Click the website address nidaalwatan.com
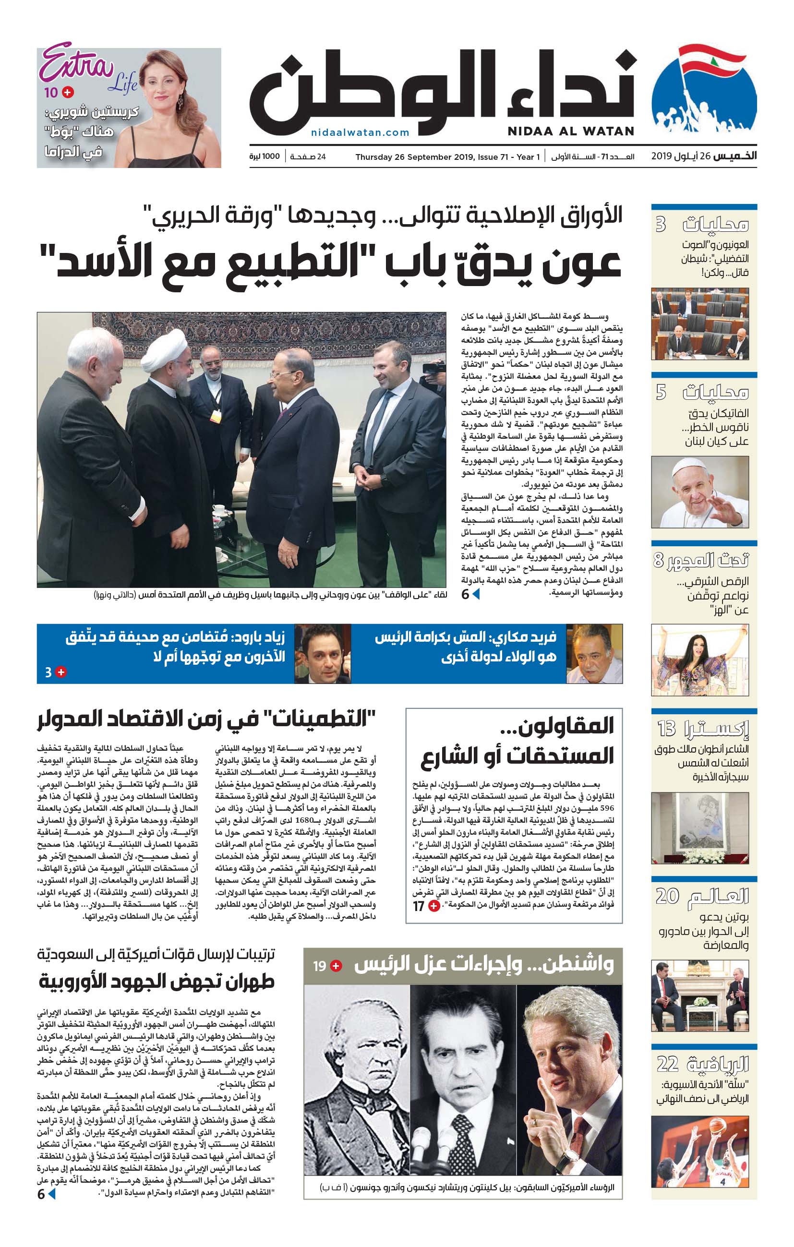point(360,132)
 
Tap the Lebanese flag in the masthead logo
point(710,61)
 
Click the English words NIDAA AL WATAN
point(570,131)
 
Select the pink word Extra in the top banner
point(77,64)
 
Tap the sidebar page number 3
point(661,225)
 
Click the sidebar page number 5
point(661,393)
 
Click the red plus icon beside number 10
point(68,93)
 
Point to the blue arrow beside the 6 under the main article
point(475,595)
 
